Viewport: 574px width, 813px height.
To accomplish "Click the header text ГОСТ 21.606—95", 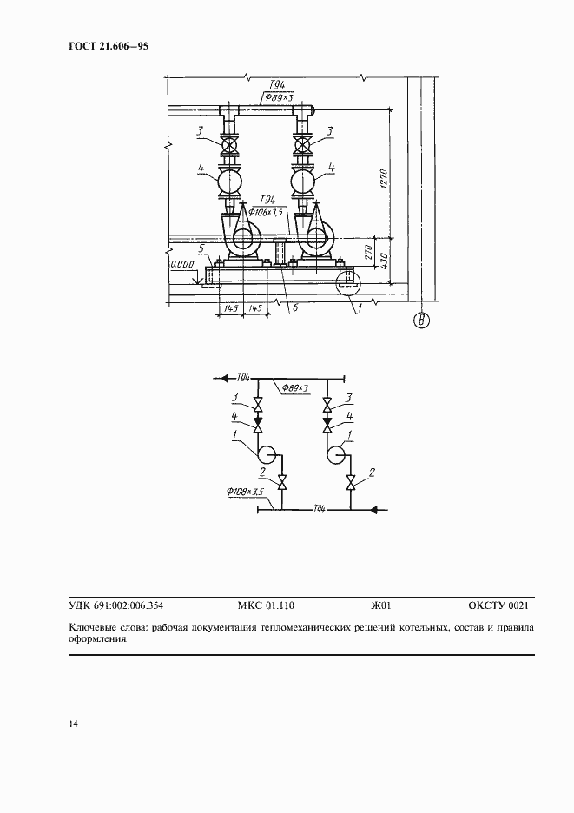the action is click(109, 46).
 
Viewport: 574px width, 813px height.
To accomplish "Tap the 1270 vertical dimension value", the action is click(384, 178).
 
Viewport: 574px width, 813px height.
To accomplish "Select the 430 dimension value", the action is click(384, 259).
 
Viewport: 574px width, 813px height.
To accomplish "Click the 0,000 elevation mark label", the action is click(182, 264).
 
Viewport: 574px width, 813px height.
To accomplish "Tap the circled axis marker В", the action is click(421, 321).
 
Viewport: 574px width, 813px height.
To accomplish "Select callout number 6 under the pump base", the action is click(294, 308).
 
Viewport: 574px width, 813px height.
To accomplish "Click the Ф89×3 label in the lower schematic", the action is click(295, 387).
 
